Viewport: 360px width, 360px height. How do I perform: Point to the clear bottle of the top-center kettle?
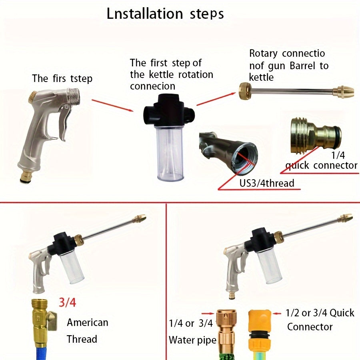(170, 153)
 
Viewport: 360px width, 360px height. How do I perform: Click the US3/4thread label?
(267, 183)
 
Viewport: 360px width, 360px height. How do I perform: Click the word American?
(88, 322)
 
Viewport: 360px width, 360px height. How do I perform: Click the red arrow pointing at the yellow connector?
(277, 313)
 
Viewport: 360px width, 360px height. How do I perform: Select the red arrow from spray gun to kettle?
(112, 105)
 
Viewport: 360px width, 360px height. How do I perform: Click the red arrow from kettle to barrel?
(216, 99)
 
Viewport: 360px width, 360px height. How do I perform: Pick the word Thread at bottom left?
(82, 339)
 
